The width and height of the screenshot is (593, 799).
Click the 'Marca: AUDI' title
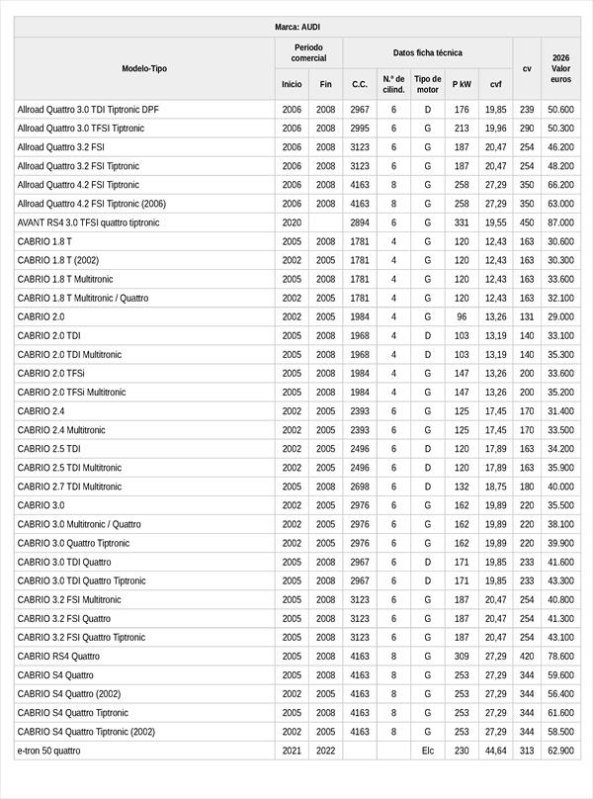[296, 27]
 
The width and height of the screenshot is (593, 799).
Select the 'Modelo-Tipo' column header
[144, 68]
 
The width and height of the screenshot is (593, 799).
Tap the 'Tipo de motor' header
[427, 84]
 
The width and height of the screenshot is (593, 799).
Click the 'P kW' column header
[462, 85]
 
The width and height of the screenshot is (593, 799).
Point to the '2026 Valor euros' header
[560, 68]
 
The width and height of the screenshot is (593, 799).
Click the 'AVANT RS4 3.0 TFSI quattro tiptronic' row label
[88, 222]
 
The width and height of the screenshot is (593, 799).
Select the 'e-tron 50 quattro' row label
[48, 751]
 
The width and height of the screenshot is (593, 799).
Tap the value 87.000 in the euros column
[560, 222]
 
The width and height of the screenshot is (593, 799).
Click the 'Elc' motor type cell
[427, 751]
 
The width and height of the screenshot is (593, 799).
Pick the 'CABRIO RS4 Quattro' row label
[58, 656]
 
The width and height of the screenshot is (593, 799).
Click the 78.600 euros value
[560, 656]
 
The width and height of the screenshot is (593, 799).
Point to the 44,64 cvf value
[496, 751]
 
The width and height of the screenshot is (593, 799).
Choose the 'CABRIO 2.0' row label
[41, 316]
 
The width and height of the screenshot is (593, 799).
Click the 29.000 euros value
[560, 316]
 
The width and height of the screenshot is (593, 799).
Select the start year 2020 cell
[292, 222]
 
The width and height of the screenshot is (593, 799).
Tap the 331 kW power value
[462, 222]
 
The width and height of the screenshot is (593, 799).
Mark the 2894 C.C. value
[360, 222]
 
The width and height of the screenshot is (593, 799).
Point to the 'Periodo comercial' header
[308, 52]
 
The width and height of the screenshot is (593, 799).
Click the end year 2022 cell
[326, 751]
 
